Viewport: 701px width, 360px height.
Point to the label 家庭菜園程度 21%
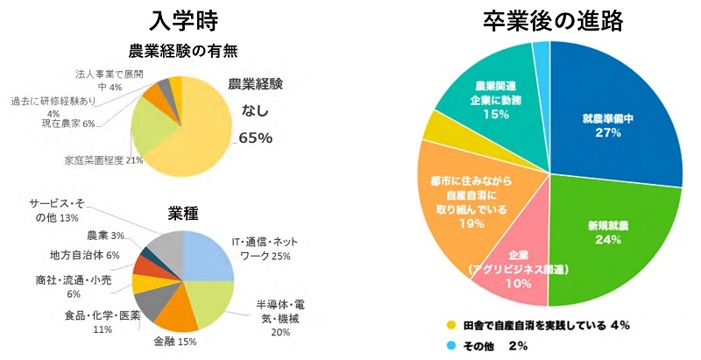coord(104,160)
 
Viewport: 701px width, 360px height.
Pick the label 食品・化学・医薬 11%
coord(96,322)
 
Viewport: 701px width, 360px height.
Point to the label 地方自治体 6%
coord(84,255)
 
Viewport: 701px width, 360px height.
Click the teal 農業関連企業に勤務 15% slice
coord(491,96)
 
